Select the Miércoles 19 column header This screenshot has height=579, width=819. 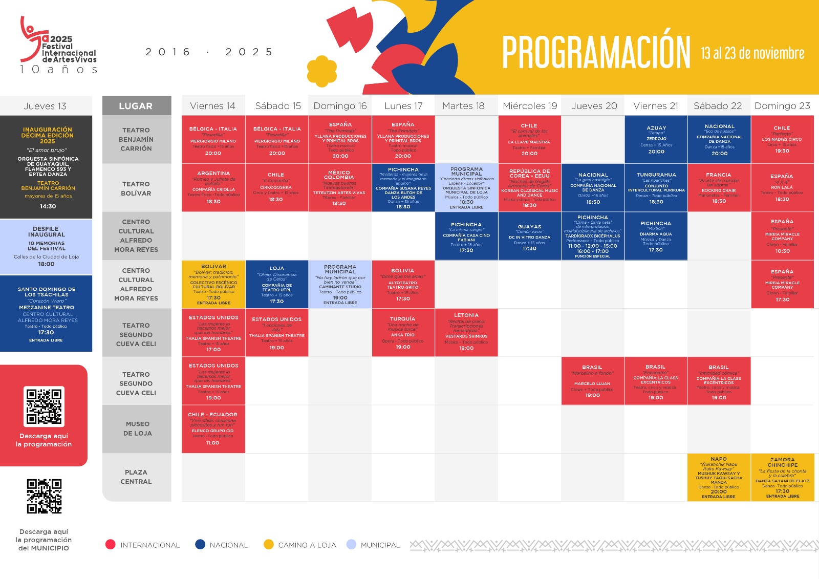point(530,106)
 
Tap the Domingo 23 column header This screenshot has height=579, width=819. point(782,106)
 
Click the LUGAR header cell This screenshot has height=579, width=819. point(136,106)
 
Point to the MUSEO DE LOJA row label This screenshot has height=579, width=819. point(137,429)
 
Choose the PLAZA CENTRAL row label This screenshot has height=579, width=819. point(137,477)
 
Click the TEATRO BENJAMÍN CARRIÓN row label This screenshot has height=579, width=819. point(137,139)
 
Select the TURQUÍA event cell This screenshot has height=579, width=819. point(403,333)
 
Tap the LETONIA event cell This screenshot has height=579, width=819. point(466,333)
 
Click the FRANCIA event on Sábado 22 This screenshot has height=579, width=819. point(719,188)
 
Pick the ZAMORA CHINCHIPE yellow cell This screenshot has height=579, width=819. point(782,477)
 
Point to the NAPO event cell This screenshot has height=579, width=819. point(719,477)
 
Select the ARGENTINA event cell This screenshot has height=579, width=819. point(213,188)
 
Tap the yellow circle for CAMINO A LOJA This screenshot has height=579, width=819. point(269,544)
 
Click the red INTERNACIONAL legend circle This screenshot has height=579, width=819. point(110,544)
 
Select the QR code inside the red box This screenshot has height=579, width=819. point(44,406)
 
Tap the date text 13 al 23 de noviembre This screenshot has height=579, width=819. point(752,53)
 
